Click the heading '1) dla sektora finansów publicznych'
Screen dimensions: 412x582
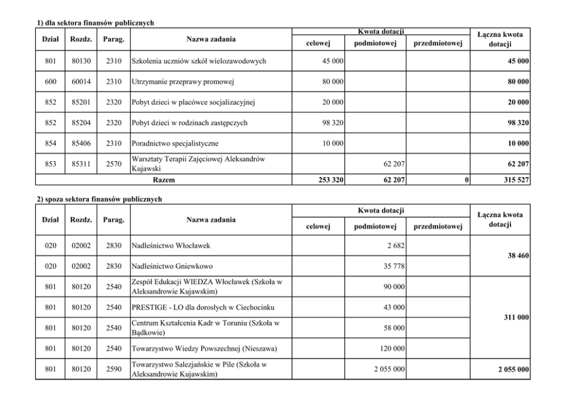point(95,23)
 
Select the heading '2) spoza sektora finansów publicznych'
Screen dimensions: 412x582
point(99,200)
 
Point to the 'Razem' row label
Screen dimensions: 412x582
point(163,180)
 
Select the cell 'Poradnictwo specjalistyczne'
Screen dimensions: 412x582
point(175,143)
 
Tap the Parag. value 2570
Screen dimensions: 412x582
point(114,164)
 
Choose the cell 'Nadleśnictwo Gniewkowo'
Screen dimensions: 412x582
point(172,266)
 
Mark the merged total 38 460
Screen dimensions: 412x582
point(516,256)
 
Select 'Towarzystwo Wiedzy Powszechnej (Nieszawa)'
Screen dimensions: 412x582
point(204,349)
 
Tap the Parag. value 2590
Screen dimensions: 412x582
point(114,369)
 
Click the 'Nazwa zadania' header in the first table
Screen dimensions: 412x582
point(211,39)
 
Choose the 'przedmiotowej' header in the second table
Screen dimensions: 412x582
point(438,227)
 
